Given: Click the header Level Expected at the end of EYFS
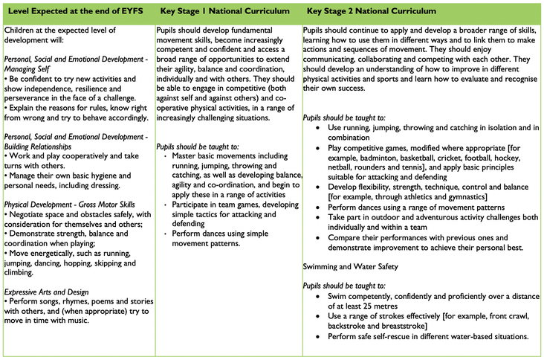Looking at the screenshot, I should coord(76,13).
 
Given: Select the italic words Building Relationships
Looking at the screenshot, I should coord(42,146).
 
